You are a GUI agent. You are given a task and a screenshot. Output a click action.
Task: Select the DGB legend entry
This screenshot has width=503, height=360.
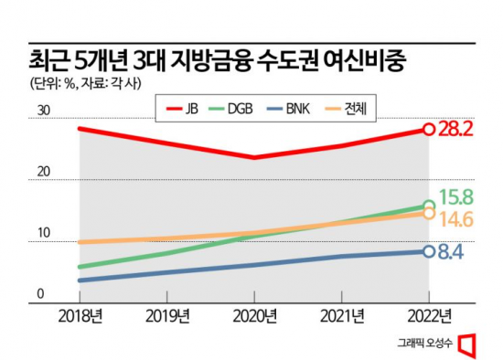coord(236,109)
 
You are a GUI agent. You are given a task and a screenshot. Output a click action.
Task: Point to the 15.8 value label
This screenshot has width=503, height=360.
coord(455,196)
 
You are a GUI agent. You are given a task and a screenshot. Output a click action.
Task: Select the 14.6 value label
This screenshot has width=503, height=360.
coord(455,219)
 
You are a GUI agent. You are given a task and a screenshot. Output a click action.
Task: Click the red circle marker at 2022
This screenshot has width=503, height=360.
coord(428,129)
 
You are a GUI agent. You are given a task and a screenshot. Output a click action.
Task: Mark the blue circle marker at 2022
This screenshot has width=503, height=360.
coord(428,251)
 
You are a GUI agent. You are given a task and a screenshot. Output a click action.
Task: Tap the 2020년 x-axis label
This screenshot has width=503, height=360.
coord(253,317)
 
